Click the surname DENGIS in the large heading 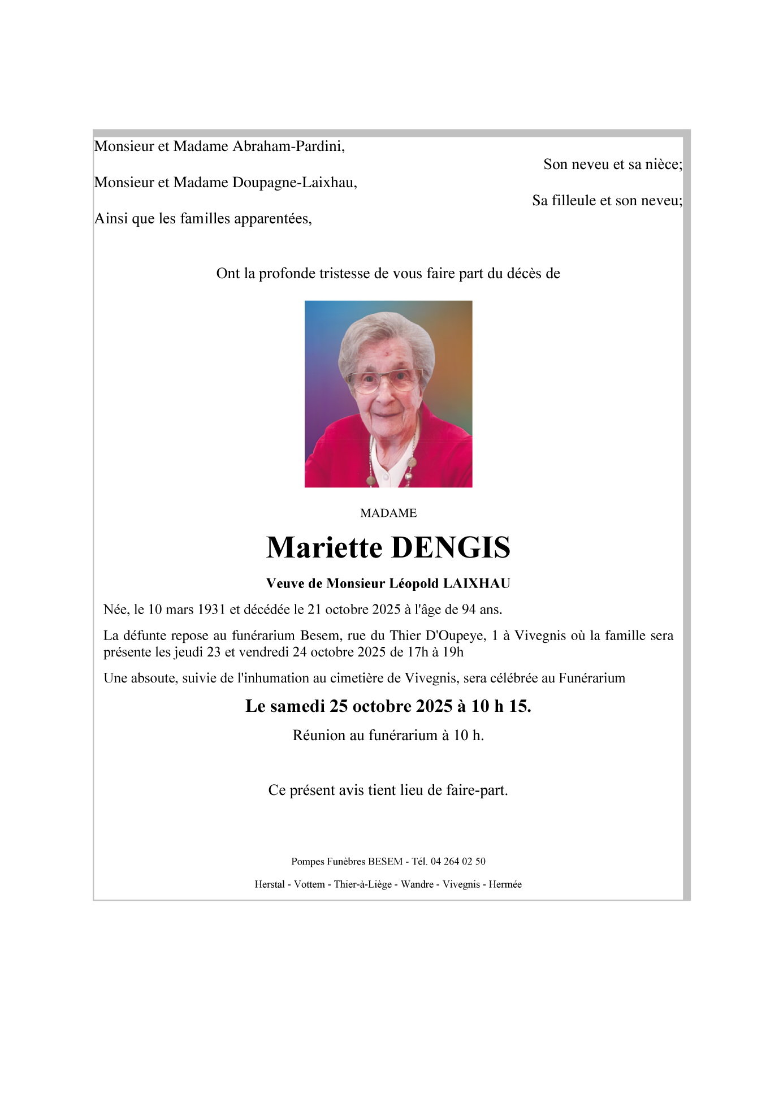pos(451,547)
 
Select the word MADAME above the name pos(388,513)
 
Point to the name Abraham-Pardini pos(288,146)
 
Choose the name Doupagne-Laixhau pos(294,183)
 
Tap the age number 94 pos(469,610)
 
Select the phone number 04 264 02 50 pos(458,861)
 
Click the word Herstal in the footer pos(270,884)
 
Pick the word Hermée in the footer pos(505,884)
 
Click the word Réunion pos(319,735)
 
